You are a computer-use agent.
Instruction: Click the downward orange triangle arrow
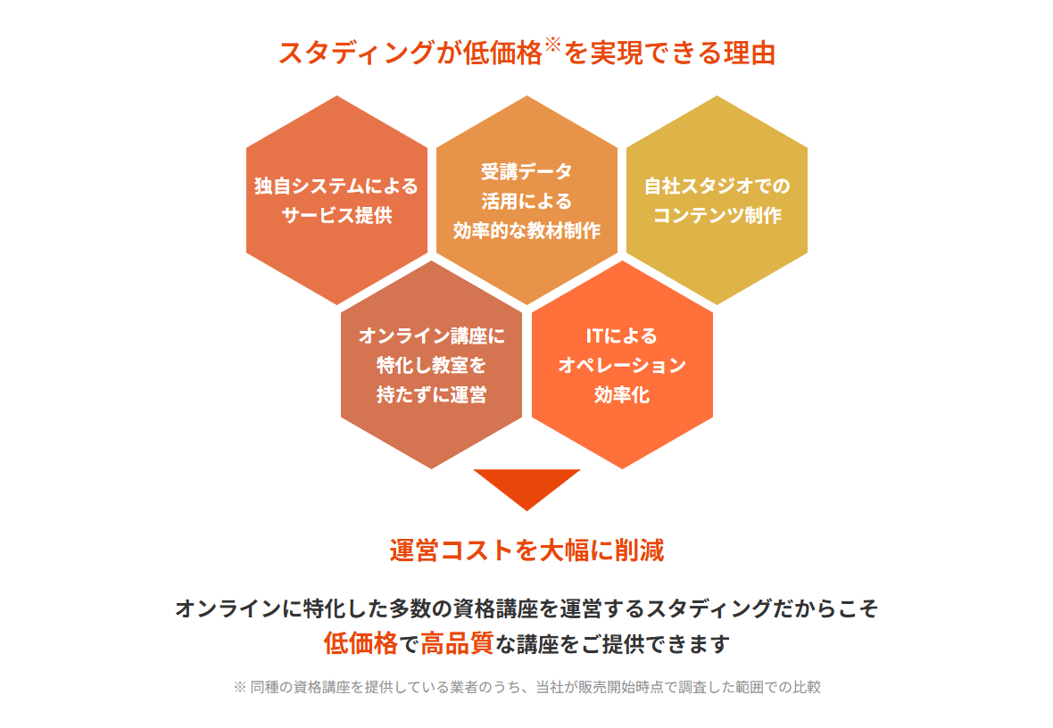point(526,485)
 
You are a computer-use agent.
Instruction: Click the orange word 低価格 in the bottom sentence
point(361,643)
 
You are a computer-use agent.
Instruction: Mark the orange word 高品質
point(457,643)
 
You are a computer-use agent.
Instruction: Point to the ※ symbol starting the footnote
point(239,688)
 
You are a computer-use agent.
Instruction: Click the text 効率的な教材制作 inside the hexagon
point(526,230)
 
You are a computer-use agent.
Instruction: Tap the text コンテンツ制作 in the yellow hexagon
point(717,215)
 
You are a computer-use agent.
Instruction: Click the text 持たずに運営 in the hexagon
point(431,394)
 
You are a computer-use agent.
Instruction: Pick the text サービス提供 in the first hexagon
point(336,215)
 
